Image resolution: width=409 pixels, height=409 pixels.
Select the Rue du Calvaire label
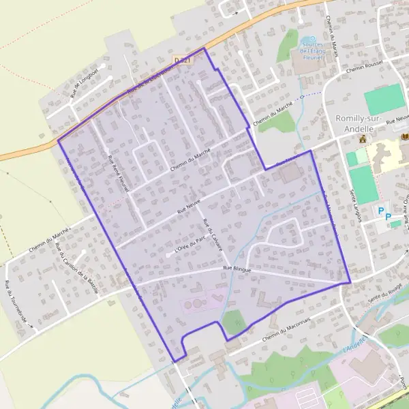click(x=213, y=234)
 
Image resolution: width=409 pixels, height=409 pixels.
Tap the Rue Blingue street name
click(x=237, y=270)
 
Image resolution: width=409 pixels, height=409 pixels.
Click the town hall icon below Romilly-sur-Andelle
click(x=363, y=138)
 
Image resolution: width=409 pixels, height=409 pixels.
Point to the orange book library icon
click(x=405, y=137)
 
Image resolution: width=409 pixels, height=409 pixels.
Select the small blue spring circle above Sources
click(x=312, y=39)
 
